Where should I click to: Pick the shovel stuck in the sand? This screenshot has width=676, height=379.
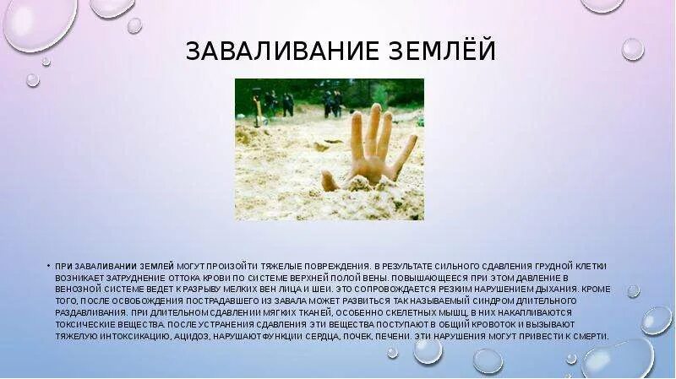point(255,110)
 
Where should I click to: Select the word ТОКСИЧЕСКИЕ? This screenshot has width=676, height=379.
point(85,324)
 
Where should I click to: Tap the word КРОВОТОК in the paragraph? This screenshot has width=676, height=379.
point(465,324)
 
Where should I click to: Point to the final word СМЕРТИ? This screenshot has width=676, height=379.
point(588,336)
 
